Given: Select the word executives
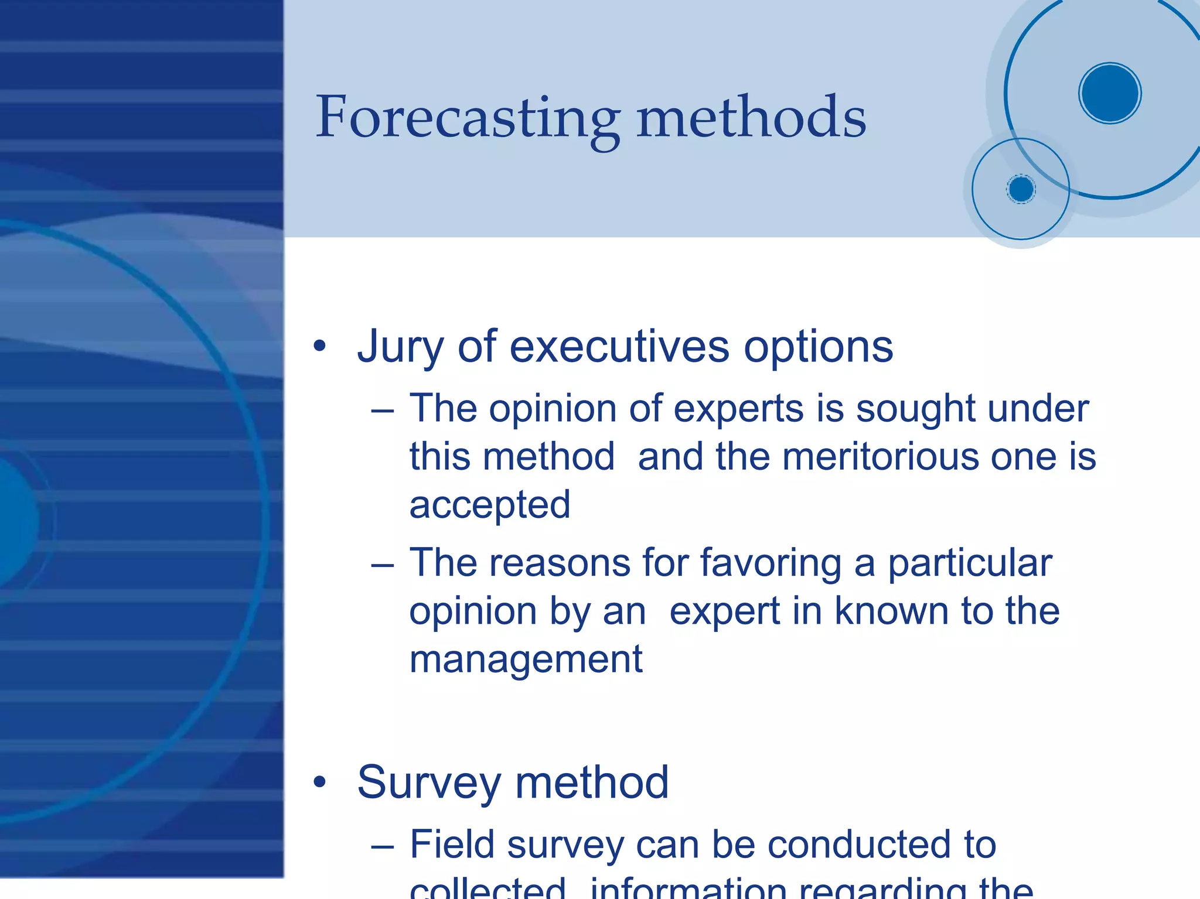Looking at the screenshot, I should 619,347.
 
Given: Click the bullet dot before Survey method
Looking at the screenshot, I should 319,782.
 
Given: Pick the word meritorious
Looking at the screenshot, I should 880,457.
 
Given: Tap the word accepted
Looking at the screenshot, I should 489,505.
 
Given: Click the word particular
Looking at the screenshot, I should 970,563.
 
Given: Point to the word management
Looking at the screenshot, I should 526,659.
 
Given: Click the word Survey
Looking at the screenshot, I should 429,783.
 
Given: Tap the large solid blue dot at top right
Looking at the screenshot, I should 1109,93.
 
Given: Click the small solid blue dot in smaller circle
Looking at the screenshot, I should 1021,189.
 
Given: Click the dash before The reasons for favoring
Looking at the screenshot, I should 382,566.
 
